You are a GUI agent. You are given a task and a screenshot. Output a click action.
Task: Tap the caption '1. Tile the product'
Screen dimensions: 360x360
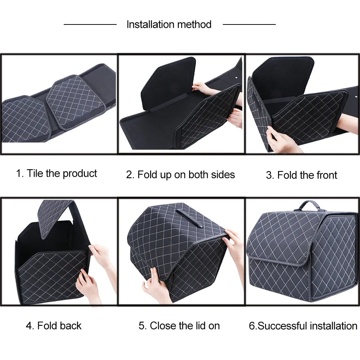point(57,174)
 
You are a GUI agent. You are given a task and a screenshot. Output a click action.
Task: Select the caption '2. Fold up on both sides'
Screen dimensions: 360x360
point(180,175)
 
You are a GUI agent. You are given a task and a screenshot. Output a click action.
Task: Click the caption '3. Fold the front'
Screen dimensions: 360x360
point(301,175)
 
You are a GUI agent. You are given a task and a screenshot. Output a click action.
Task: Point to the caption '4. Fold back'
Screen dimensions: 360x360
point(54,326)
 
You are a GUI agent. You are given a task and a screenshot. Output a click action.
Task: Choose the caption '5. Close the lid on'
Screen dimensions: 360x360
point(179,326)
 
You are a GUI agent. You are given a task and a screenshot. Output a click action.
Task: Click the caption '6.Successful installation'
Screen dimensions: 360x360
point(303,326)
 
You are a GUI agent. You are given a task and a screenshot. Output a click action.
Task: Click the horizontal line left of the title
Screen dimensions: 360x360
point(90,24)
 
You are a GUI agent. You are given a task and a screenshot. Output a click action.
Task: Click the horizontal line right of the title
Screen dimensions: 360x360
point(249,24)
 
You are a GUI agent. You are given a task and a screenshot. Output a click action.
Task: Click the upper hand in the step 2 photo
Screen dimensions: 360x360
point(202,87)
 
